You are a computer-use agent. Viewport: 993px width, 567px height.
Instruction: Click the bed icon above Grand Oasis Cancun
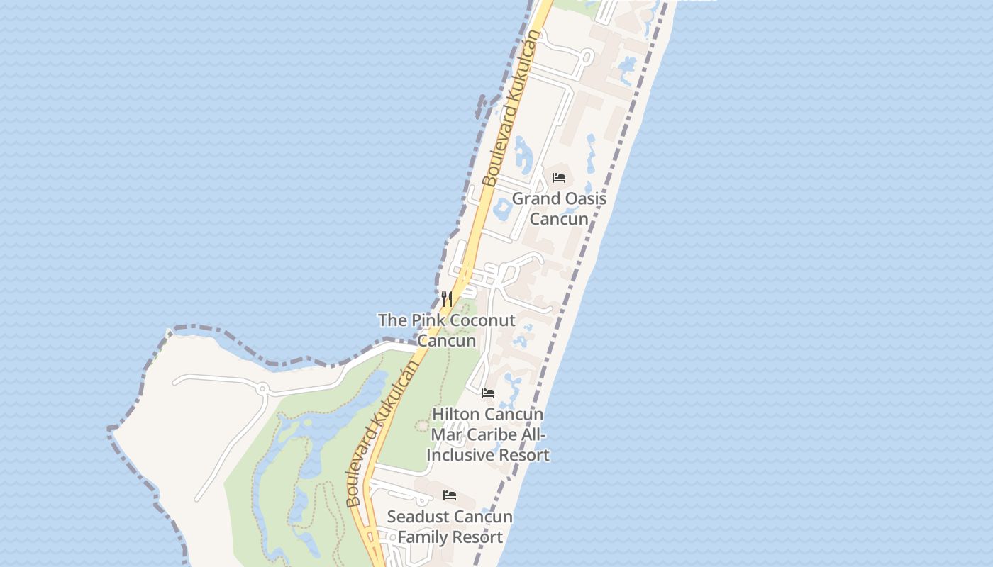coord(559,177)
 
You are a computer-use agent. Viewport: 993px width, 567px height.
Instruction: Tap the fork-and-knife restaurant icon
coord(446,298)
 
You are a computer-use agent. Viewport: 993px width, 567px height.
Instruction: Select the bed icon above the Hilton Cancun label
coord(488,393)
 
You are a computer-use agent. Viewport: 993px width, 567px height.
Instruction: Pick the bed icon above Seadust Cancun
coord(450,495)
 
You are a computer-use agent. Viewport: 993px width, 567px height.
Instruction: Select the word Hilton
coord(457,414)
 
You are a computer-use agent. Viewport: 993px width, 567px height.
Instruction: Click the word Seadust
coord(416,517)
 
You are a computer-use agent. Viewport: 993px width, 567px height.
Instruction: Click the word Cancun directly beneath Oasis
coord(559,218)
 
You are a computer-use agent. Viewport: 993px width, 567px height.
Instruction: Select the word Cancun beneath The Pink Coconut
coord(446,340)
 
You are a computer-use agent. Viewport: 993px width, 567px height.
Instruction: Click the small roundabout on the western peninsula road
coord(262,388)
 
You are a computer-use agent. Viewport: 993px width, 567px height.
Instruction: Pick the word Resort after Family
coord(477,537)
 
